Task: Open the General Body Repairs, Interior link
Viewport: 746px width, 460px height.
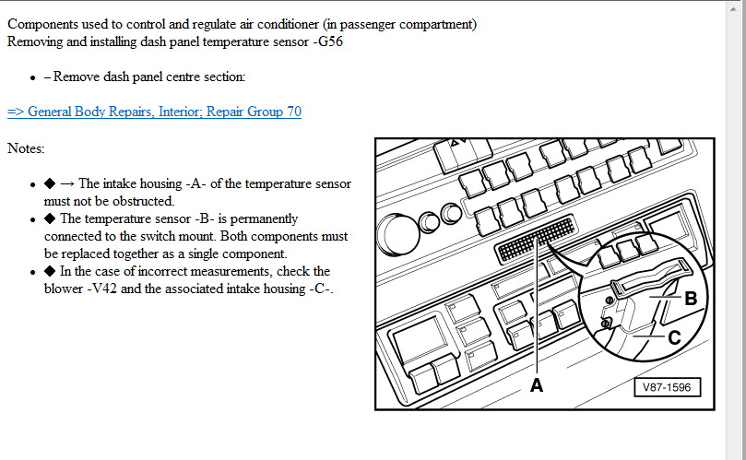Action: click(154, 112)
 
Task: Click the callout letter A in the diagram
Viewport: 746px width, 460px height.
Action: click(536, 385)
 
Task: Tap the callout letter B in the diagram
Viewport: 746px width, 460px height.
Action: click(691, 299)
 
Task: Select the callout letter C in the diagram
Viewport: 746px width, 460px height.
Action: click(674, 337)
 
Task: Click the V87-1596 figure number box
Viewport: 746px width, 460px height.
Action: click(667, 387)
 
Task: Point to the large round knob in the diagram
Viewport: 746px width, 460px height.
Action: click(397, 235)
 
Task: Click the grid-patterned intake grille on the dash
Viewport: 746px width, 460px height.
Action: click(536, 239)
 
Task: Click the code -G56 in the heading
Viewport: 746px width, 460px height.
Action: click(327, 41)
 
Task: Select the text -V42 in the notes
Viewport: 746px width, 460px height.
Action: click(101, 289)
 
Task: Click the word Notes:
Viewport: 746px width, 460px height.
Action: click(26, 148)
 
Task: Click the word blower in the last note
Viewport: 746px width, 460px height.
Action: click(64, 289)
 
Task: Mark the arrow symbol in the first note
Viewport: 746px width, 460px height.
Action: click(67, 183)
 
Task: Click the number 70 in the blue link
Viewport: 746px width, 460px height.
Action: click(294, 112)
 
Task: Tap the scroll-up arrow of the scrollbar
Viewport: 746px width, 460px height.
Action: click(736, 8)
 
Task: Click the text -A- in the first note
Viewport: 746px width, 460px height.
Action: click(195, 183)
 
